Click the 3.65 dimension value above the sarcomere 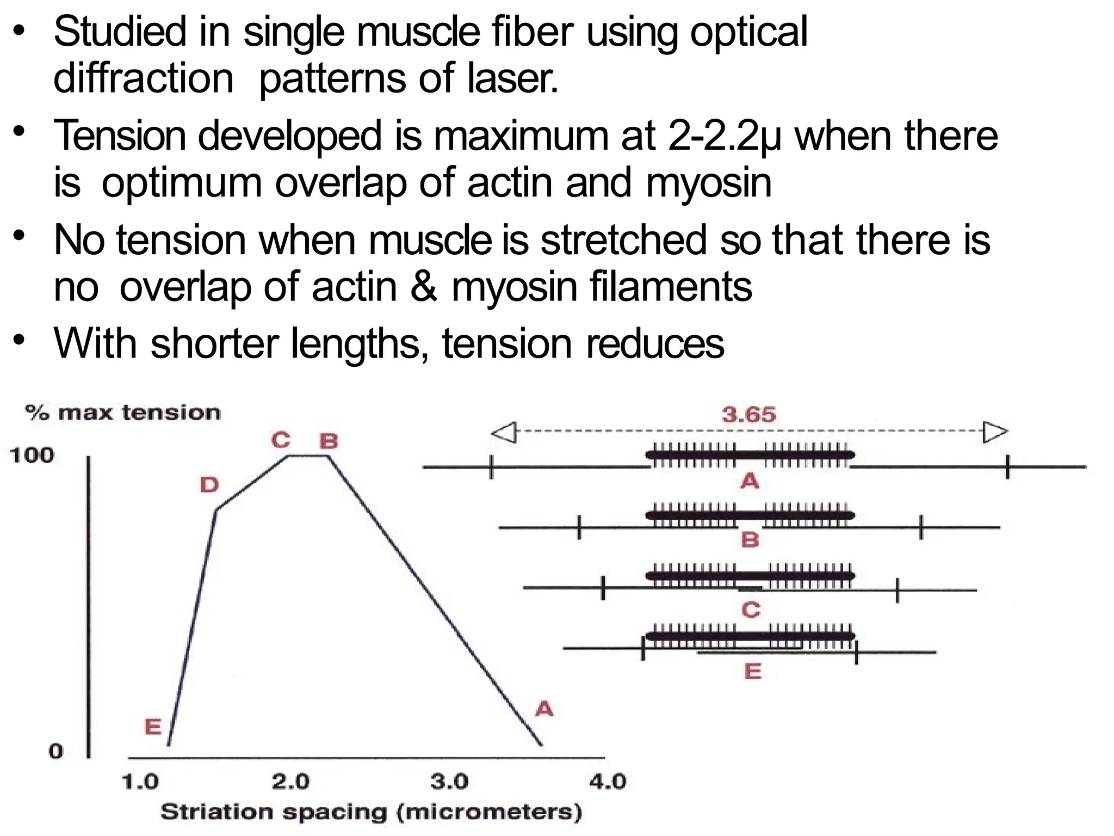click(x=748, y=415)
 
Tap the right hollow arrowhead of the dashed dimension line click(x=995, y=432)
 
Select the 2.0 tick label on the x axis click(x=290, y=782)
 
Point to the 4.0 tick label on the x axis click(x=608, y=782)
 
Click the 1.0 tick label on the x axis click(x=140, y=782)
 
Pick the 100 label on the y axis click(x=32, y=455)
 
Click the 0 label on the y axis click(x=56, y=752)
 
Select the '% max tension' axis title click(x=123, y=413)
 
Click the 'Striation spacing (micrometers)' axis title click(x=372, y=812)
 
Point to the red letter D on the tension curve click(x=209, y=484)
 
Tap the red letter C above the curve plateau click(x=281, y=440)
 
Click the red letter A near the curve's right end click(x=544, y=709)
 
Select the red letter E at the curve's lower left click(x=153, y=727)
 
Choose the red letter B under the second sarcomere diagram click(x=750, y=540)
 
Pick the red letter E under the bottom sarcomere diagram click(x=753, y=672)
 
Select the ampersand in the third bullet click(x=424, y=287)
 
